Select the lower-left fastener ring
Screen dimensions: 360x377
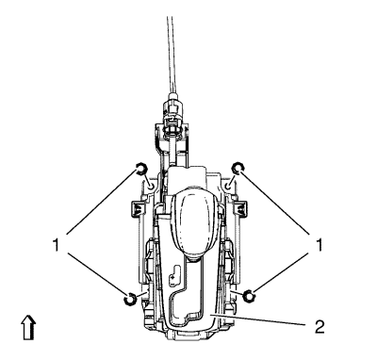pyautogui.click(x=129, y=300)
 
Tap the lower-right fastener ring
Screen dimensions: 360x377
pyautogui.click(x=250, y=297)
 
